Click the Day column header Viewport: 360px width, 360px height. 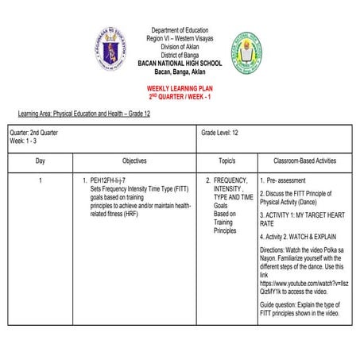click(x=40, y=161)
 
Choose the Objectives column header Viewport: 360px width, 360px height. click(x=134, y=161)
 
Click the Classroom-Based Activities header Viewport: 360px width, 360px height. click(x=304, y=161)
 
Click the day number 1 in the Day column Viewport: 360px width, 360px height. click(x=40, y=181)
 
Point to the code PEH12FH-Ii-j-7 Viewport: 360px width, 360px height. click(x=118, y=181)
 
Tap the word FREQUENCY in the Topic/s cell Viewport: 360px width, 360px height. click(x=231, y=181)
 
